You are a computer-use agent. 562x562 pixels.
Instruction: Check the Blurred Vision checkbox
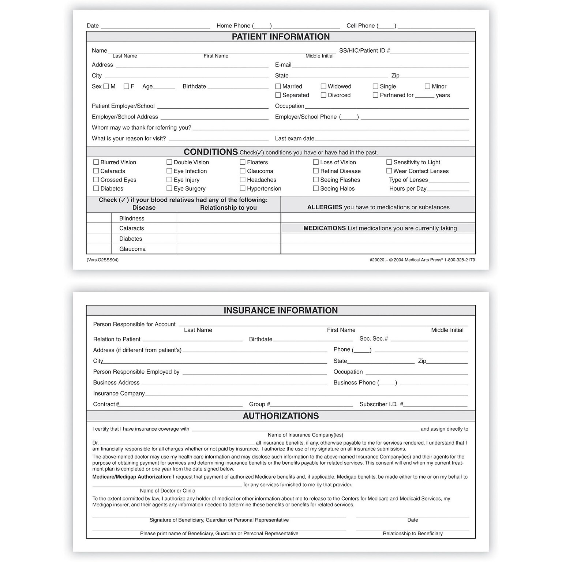pos(96,162)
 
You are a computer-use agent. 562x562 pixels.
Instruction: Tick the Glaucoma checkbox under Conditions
pos(243,171)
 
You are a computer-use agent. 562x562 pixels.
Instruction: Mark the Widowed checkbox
pos(323,86)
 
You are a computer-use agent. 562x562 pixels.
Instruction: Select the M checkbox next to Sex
pos(106,86)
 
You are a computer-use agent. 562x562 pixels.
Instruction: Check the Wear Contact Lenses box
pos(389,171)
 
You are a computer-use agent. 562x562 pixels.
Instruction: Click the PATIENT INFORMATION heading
pos(281,37)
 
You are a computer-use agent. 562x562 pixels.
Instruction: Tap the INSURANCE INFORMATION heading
pos(281,310)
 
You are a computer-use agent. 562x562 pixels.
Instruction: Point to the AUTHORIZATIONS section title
pos(281,416)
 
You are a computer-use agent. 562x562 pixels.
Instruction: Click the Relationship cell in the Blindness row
pos(228,218)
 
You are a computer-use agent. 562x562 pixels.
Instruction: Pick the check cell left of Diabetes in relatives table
pos(99,238)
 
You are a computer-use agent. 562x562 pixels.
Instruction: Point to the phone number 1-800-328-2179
pos(460,260)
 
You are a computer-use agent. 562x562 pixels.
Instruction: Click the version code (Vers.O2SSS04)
pos(102,260)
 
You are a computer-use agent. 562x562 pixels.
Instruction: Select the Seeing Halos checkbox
pos(316,188)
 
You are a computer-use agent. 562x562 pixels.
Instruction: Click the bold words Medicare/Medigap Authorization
pos(132,477)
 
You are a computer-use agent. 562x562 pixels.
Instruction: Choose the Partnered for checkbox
pos(375,95)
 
